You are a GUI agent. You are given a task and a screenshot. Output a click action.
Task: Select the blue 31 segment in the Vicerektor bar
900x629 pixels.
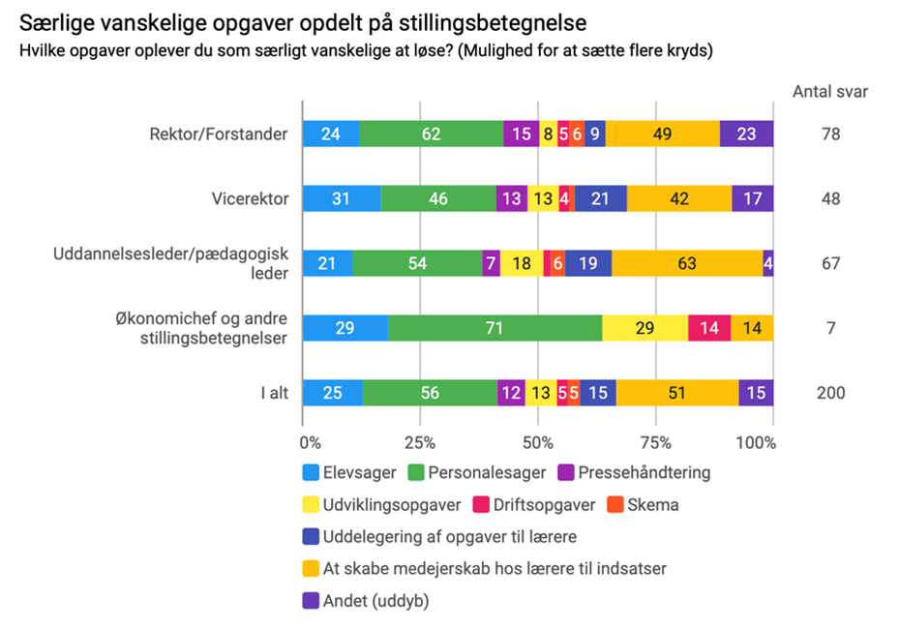click(341, 198)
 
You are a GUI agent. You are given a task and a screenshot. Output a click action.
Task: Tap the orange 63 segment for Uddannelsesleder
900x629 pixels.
click(687, 263)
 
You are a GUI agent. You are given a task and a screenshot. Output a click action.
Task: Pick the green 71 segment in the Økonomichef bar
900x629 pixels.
click(495, 328)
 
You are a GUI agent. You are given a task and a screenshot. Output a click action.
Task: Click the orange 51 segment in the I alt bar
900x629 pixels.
click(677, 392)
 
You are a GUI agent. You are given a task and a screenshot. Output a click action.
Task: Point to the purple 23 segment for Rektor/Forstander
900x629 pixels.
click(746, 135)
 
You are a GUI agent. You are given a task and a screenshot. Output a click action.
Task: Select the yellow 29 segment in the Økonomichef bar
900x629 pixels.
click(645, 328)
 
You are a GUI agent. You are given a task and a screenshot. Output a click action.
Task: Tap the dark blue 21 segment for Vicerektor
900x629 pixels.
click(600, 198)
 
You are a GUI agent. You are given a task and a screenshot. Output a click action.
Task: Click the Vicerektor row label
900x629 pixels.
click(250, 198)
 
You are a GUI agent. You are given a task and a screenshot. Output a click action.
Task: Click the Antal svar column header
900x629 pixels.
click(829, 93)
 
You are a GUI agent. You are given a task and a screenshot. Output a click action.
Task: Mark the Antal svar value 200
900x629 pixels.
click(829, 392)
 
